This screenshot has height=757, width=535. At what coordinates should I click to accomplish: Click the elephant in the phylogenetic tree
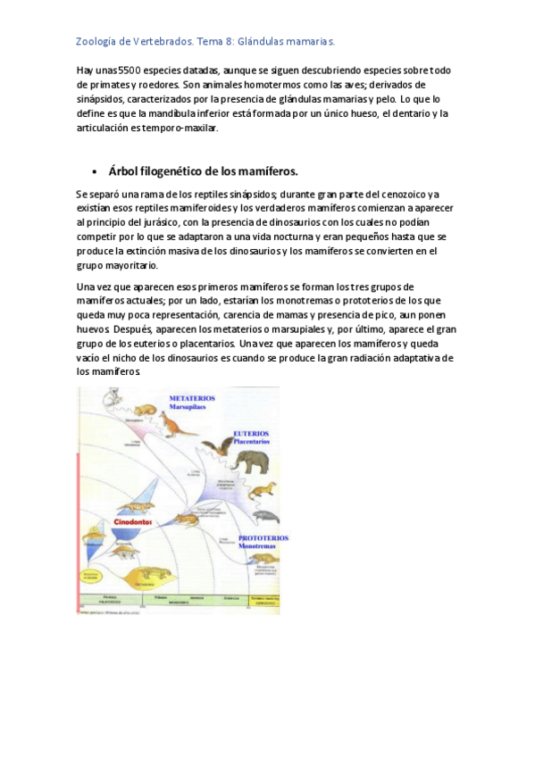click(255, 462)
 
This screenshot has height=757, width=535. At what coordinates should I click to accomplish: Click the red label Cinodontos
click(132, 522)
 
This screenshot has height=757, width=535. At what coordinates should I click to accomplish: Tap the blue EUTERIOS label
click(251, 433)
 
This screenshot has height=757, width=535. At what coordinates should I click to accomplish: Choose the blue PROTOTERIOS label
click(263, 538)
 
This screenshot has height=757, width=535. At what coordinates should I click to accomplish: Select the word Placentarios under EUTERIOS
click(252, 441)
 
